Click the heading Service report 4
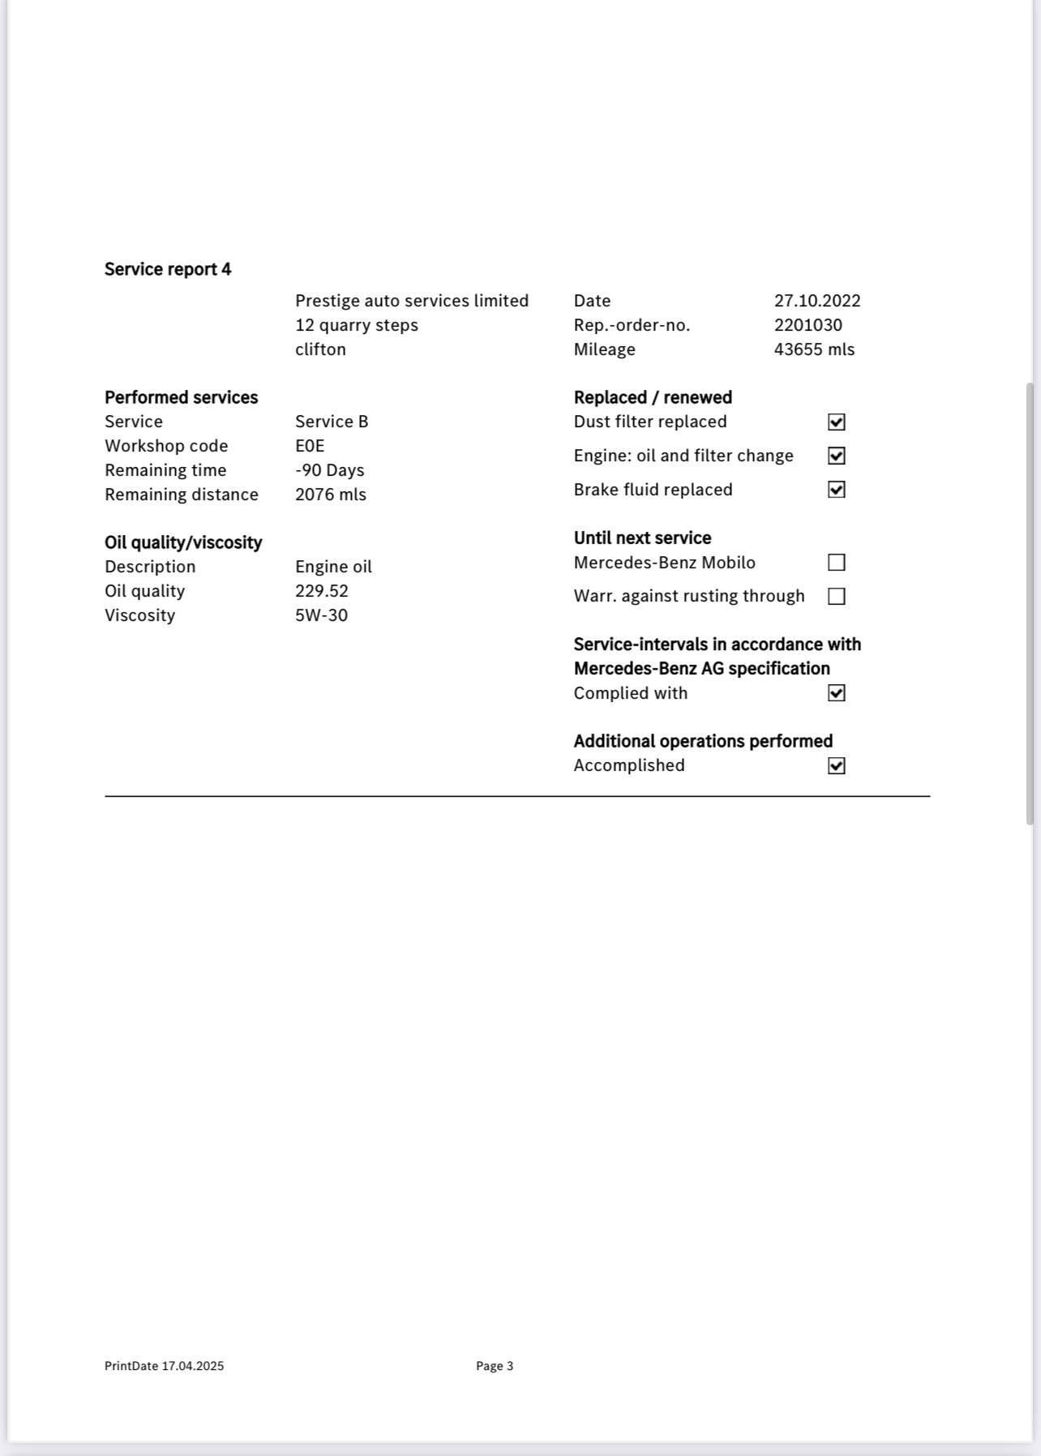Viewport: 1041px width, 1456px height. (168, 269)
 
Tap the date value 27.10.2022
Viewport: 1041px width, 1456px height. (816, 301)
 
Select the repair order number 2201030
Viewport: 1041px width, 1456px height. (808, 325)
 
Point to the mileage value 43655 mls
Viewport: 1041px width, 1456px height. (814, 349)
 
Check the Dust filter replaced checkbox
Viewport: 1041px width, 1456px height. (836, 422)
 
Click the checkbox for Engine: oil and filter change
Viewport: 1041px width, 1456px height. (836, 456)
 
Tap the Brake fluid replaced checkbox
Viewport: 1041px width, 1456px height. (836, 490)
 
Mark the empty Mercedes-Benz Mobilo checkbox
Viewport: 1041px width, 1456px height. (836, 563)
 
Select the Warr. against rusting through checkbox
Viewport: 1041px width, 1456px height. (836, 597)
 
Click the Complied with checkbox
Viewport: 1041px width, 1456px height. (836, 693)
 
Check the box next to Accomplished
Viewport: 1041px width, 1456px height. (836, 766)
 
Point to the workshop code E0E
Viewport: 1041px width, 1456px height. (310, 446)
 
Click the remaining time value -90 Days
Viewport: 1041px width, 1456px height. (329, 470)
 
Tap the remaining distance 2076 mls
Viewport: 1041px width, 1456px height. (330, 495)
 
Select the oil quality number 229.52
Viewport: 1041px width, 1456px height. (321, 591)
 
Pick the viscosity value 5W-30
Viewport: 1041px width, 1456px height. (321, 615)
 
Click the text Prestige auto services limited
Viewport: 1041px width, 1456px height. (411, 301)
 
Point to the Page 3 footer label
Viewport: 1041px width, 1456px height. (495, 1366)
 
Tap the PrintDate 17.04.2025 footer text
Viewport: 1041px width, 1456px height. (164, 1366)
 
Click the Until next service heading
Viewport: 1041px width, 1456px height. (642, 538)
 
